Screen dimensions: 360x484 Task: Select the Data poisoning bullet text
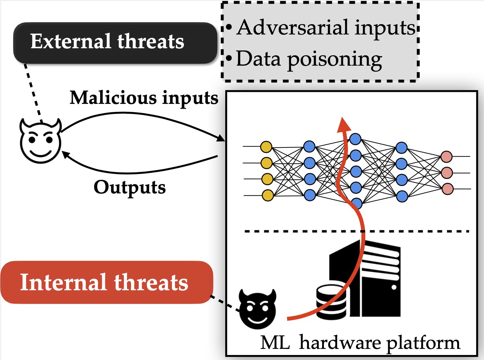tap(308, 59)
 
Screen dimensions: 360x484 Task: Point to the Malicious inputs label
tap(144, 98)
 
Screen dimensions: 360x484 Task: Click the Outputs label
tap(129, 187)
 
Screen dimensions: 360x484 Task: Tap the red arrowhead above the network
tap(343, 124)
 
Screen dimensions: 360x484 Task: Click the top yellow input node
tap(266, 147)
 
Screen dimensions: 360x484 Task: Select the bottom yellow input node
tap(267, 195)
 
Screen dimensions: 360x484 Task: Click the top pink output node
tap(446, 157)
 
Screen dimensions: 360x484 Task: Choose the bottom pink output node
tap(447, 189)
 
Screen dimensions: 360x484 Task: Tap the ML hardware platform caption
tap(360, 343)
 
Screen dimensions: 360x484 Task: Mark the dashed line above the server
tap(302, 231)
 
